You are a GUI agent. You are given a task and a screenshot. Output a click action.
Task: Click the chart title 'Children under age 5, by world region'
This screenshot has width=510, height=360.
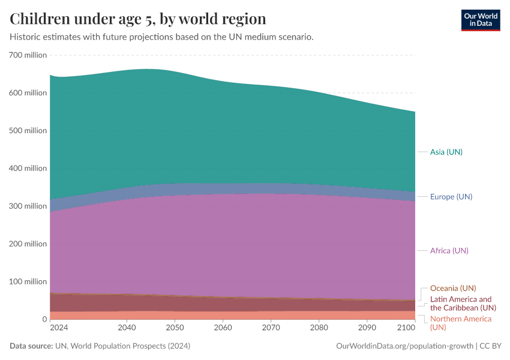coord(138,18)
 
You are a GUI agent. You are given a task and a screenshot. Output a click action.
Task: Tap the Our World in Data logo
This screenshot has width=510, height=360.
coord(480,20)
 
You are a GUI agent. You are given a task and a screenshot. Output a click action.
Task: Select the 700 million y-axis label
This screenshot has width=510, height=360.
coord(28,55)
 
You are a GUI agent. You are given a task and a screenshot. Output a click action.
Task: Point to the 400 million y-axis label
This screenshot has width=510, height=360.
coord(28,168)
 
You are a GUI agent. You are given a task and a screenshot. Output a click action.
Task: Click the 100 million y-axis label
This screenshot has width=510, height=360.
coord(28,281)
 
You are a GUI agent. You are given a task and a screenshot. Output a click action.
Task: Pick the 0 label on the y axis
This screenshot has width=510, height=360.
coord(44,319)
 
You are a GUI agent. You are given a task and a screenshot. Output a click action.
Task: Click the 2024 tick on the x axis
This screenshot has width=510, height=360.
coord(59,328)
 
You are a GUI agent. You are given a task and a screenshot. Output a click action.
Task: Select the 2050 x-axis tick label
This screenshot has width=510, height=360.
coord(175,328)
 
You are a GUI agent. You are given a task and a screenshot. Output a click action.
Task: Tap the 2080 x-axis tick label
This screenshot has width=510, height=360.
coord(319,328)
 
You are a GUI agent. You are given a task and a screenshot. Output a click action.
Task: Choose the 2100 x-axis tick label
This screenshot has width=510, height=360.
coord(406,328)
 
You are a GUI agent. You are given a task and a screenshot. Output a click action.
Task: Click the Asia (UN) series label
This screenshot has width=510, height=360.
coord(446,152)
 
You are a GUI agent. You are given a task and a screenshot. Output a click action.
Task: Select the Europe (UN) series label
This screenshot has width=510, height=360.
coord(451,197)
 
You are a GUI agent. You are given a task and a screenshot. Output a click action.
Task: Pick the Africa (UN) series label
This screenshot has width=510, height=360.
coord(449,250)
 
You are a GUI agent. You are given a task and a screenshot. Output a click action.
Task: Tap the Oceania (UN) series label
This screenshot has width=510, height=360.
coord(453,288)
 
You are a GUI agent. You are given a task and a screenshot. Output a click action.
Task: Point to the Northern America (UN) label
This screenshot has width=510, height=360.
coord(460,323)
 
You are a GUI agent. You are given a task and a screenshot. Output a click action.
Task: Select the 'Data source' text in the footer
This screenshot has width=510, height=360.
coord(31,346)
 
